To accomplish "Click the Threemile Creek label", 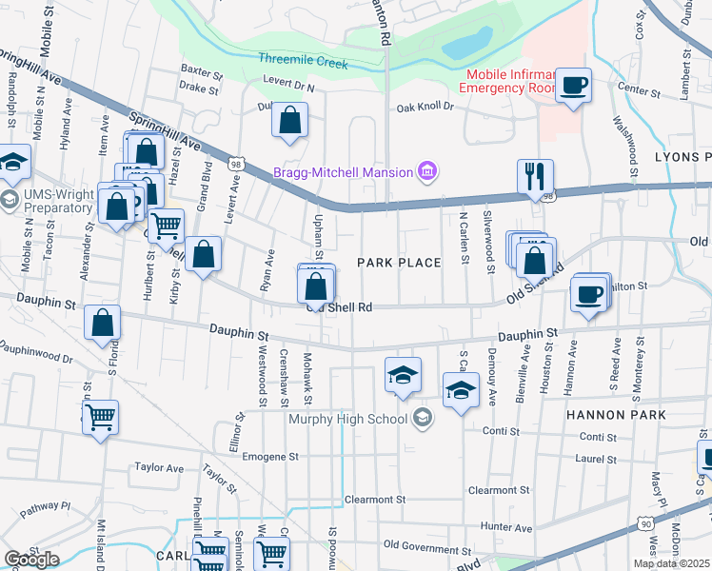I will pyautogui.click(x=303, y=59).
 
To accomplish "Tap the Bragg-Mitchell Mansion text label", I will pyautogui.click(x=343, y=172).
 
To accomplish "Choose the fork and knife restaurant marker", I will pyautogui.click(x=535, y=176).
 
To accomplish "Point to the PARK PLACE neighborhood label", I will pyautogui.click(x=399, y=263).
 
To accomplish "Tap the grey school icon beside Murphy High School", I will pyautogui.click(x=423, y=417).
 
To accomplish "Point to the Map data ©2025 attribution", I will pyautogui.click(x=671, y=563).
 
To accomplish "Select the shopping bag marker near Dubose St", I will pyautogui.click(x=290, y=121).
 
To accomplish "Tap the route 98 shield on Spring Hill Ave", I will pyautogui.click(x=233, y=165).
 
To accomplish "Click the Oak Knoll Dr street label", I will pyautogui.click(x=425, y=108).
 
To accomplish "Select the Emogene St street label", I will pyautogui.click(x=270, y=457).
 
